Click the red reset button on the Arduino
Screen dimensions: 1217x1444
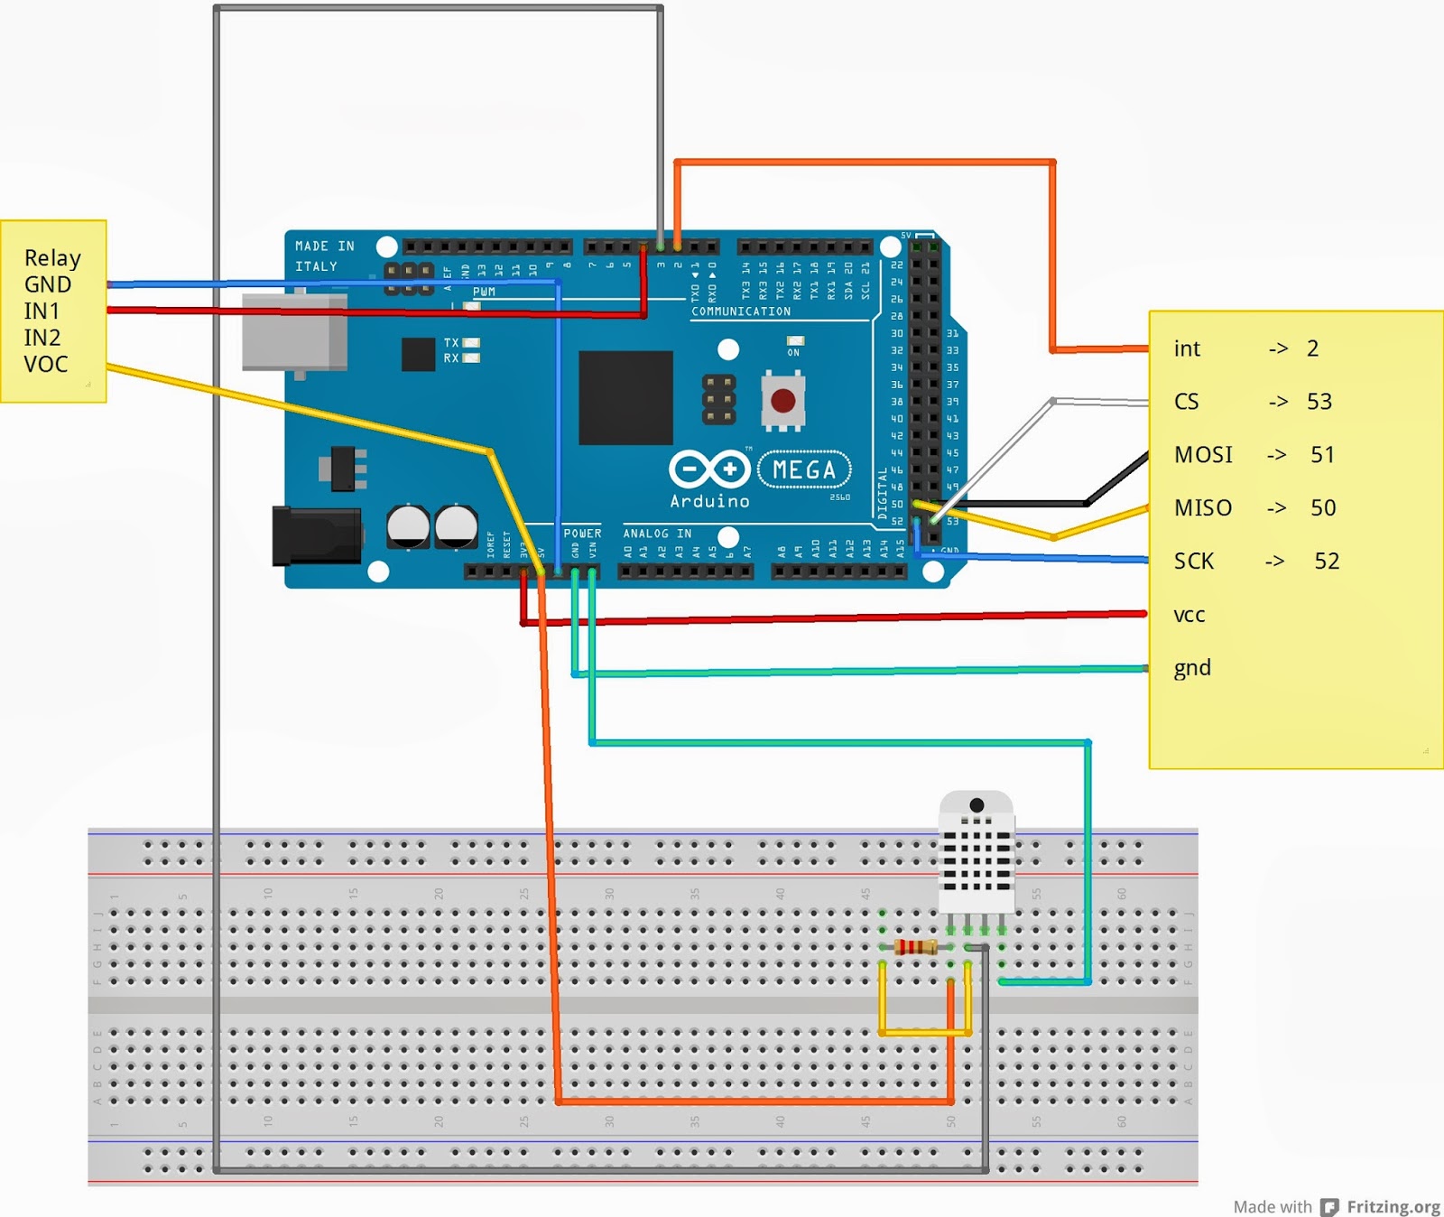tap(782, 400)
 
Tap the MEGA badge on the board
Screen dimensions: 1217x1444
tap(803, 469)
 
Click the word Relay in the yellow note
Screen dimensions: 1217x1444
tap(52, 258)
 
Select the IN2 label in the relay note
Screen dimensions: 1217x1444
tap(42, 338)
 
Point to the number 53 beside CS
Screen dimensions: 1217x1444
tap(1319, 402)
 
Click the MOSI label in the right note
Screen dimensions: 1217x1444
tap(1203, 455)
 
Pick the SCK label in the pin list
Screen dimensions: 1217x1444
tap(1193, 562)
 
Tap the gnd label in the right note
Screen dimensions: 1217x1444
tap(1191, 668)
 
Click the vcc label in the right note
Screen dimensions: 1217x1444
tap(1189, 616)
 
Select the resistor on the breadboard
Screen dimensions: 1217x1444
tap(915, 947)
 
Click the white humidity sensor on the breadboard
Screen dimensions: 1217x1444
tap(976, 853)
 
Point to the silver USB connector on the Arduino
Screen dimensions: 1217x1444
tap(294, 332)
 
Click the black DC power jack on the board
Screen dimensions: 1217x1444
tap(317, 536)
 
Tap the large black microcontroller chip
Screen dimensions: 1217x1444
tap(625, 398)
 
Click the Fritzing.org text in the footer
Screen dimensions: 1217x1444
tap(1393, 1206)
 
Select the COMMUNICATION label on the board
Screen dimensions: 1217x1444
tap(740, 311)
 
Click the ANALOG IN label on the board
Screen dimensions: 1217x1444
tap(657, 534)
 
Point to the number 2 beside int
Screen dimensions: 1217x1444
tap(1312, 348)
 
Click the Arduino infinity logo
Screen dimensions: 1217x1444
tap(709, 469)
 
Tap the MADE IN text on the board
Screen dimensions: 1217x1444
tap(324, 246)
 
